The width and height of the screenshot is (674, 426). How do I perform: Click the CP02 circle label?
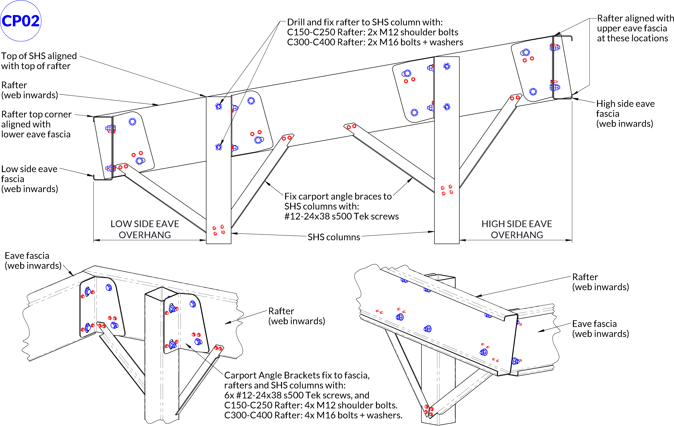[21, 21]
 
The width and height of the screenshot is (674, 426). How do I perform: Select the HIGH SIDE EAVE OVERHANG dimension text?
[517, 229]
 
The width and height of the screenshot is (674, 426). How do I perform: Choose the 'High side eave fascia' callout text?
[625, 113]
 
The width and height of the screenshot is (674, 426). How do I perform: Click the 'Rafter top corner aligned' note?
[36, 124]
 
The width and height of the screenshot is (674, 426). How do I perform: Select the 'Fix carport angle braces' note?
[342, 206]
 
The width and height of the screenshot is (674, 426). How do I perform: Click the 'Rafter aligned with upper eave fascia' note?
[635, 28]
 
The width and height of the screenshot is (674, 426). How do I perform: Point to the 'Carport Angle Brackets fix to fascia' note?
[313, 395]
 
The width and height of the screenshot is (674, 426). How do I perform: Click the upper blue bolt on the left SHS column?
[219, 106]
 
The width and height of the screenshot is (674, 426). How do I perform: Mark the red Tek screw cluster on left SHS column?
[219, 230]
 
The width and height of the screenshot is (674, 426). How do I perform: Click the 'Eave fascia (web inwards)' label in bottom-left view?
[33, 261]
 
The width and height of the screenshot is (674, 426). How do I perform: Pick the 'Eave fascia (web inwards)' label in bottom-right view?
[600, 329]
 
